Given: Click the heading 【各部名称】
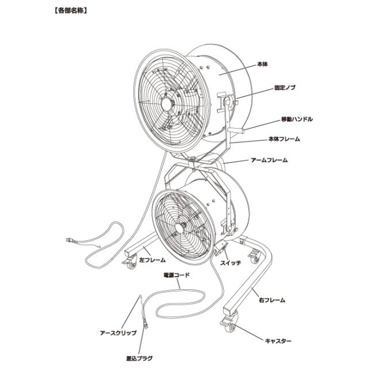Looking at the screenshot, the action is (x=71, y=11).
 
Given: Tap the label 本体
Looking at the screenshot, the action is (x=262, y=64).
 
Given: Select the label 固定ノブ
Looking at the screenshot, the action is (x=285, y=88).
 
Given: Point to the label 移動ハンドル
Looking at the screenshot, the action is (x=297, y=119).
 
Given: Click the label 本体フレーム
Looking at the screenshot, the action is (x=284, y=139).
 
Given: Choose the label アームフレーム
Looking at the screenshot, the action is (x=269, y=160).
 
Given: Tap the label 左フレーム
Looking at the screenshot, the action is (x=152, y=260).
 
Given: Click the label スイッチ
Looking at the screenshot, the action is (x=230, y=263).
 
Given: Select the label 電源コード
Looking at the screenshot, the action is (x=177, y=275).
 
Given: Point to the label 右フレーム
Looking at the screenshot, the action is (x=272, y=300).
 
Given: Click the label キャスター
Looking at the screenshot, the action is (x=278, y=341).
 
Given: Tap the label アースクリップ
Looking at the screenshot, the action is (x=118, y=333).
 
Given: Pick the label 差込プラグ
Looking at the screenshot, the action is (x=139, y=358).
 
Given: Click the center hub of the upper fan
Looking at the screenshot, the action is (x=166, y=103).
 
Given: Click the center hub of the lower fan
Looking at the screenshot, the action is (x=179, y=228).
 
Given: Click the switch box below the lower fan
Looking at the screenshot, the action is (x=221, y=248).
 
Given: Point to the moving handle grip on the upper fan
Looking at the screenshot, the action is (x=236, y=130).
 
